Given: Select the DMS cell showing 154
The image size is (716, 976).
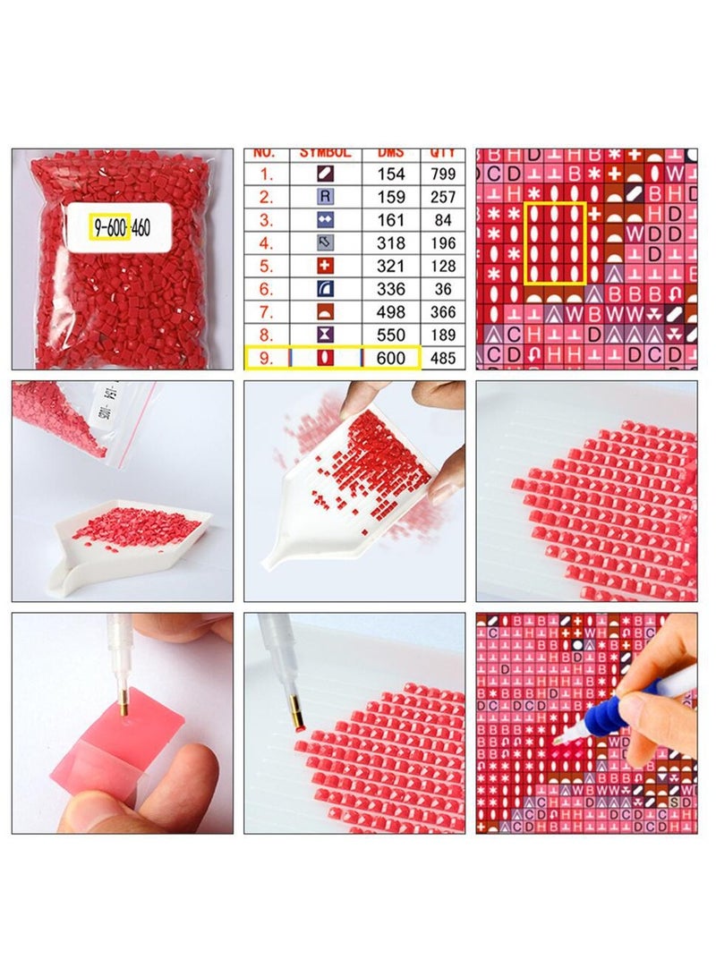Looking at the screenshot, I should point(391,174).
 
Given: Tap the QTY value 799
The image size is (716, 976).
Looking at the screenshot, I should point(443,174).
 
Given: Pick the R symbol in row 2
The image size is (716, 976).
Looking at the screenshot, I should point(326,197).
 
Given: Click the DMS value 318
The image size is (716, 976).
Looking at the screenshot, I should point(391,243).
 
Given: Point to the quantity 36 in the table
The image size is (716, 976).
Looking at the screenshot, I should point(443,289).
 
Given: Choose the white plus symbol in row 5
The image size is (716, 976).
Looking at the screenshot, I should point(326,266).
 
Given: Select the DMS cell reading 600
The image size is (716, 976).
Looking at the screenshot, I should point(391,358).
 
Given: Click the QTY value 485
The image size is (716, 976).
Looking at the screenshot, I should point(443,358).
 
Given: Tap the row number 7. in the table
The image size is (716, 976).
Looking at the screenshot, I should point(267,312).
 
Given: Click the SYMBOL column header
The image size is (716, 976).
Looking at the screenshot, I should point(326,154).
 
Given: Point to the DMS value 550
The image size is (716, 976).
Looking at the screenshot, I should point(391,335).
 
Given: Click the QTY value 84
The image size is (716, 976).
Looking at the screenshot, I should point(443,220).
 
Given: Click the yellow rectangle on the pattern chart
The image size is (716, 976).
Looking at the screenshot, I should point(555,243).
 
